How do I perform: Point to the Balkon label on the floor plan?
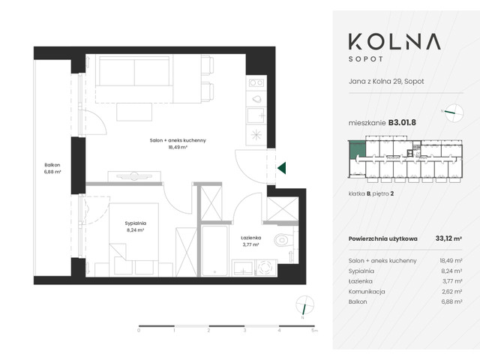52,165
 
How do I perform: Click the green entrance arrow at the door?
281,169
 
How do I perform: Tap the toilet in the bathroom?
283,241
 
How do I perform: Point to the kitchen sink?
256,98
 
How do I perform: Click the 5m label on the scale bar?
315,330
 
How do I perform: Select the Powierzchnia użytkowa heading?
382,240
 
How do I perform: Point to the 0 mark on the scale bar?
139,330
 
